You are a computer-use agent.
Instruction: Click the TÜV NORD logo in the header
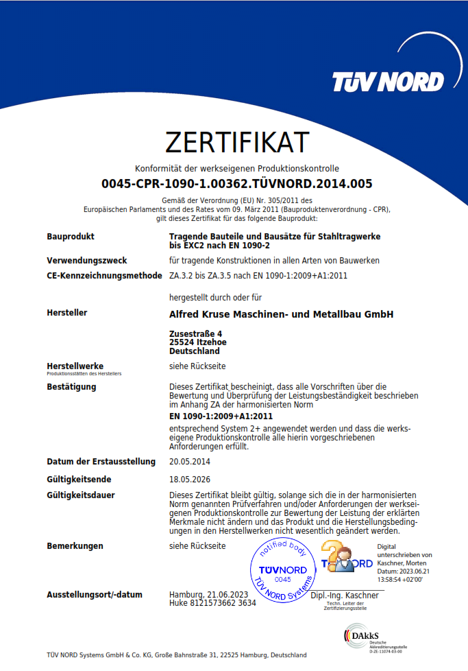(387, 82)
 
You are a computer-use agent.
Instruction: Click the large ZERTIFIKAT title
(237, 142)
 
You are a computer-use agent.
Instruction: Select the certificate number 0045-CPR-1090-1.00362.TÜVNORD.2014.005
(237, 184)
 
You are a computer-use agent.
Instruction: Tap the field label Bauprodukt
(71, 237)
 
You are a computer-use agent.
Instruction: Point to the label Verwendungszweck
(86, 261)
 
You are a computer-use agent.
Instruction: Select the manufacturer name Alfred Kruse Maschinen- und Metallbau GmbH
(281, 314)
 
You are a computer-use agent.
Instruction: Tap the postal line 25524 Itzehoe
(198, 342)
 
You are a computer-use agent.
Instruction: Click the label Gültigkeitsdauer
(81, 495)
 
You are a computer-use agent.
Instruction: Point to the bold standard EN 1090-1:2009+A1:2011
(221, 416)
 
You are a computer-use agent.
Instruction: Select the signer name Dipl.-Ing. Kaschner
(344, 596)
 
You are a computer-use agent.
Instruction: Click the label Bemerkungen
(75, 546)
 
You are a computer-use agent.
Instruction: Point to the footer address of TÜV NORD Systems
(177, 655)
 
